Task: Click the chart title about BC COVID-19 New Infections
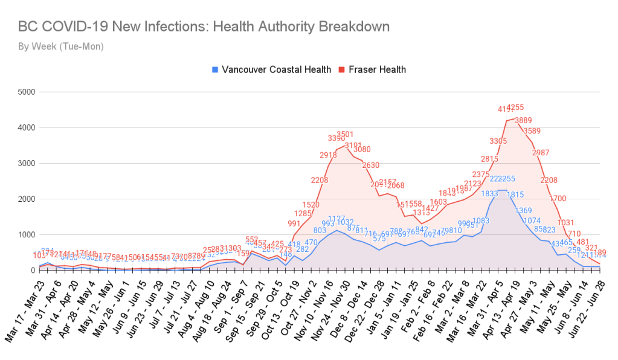(204, 27)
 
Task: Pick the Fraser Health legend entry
(375, 69)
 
